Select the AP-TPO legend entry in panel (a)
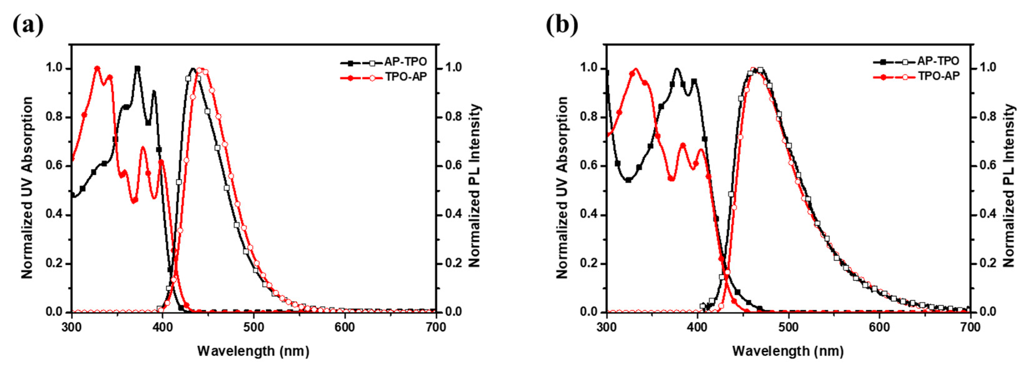tap(405, 62)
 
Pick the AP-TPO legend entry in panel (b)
tap(937, 61)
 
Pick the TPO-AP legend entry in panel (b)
tap(937, 76)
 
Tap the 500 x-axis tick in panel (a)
tap(253, 327)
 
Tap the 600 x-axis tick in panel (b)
tap(879, 327)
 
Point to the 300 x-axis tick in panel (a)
tap(72, 327)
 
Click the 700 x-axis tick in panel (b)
tap(970, 327)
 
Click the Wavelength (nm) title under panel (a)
tap(253, 351)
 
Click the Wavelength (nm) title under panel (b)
tap(788, 351)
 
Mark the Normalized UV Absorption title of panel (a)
tap(27, 188)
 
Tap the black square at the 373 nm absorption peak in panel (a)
tap(137, 69)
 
